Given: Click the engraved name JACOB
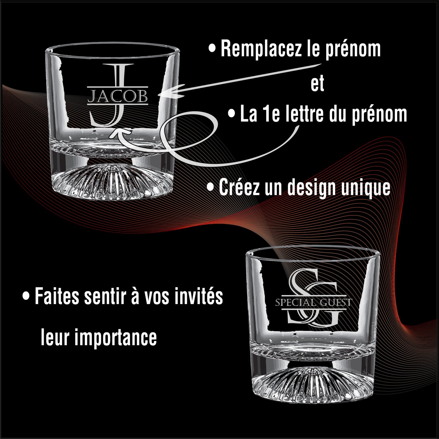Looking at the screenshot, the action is click(118, 97).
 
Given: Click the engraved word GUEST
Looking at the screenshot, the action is click(336, 303).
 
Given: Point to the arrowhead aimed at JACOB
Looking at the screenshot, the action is click(171, 91).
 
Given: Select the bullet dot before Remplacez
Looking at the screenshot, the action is click(212, 49).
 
